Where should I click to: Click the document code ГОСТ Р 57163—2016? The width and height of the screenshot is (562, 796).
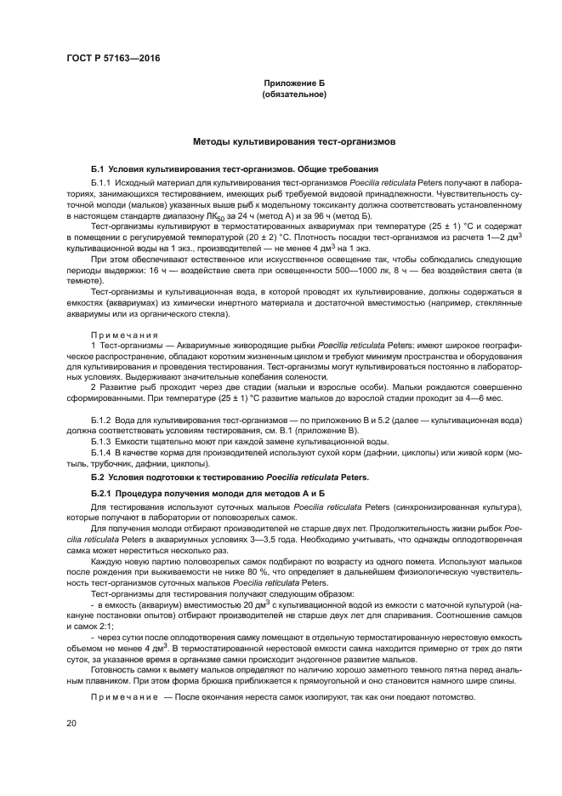click(x=112, y=58)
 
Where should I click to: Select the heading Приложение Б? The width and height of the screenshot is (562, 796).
click(x=294, y=83)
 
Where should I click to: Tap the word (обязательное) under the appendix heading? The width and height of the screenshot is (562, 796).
click(x=294, y=94)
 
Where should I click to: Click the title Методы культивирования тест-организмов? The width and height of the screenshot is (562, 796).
click(x=293, y=140)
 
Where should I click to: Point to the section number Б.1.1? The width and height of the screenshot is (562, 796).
click(x=102, y=183)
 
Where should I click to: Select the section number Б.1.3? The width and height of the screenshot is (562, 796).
click(x=102, y=441)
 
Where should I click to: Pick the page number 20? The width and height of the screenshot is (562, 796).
click(x=72, y=723)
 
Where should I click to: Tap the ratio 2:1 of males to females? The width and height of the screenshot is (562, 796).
click(x=118, y=627)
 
